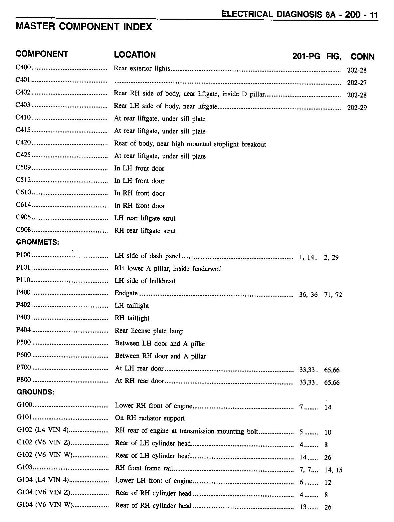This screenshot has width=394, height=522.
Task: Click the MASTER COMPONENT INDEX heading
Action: pyautogui.click(x=84, y=27)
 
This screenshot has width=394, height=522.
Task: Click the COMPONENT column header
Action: pyautogui.click(x=42, y=54)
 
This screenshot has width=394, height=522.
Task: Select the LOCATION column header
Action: pyautogui.click(x=135, y=55)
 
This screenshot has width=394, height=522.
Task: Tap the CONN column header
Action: pyautogui.click(x=362, y=57)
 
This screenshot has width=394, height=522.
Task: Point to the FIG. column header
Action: pyautogui.click(x=334, y=56)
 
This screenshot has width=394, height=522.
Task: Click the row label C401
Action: pyautogui.click(x=23, y=80)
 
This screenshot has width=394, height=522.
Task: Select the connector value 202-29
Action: pyautogui.click(x=357, y=108)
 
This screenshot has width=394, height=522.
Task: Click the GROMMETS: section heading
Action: pyautogui.click(x=38, y=242)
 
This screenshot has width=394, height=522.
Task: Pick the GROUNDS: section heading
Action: pyautogui.click(x=36, y=392)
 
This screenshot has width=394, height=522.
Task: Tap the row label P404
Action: pyautogui.click(x=23, y=330)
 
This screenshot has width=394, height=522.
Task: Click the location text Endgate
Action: pyautogui.click(x=126, y=293)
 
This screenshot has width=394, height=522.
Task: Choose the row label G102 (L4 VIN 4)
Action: pyautogui.click(x=43, y=430)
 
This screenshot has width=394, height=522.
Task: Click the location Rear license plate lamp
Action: pyautogui.click(x=149, y=331)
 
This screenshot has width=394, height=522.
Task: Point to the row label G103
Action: pyautogui.click(x=25, y=467)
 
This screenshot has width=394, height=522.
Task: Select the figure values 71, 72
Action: pyautogui.click(x=333, y=295)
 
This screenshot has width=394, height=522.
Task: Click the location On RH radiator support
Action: pyautogui.click(x=150, y=418)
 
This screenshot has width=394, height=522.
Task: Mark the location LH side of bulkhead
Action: pyautogui.click(x=145, y=281)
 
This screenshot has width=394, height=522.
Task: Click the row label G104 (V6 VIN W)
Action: pyautogui.click(x=45, y=505)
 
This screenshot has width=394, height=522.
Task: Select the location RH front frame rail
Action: pyautogui.click(x=144, y=468)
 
